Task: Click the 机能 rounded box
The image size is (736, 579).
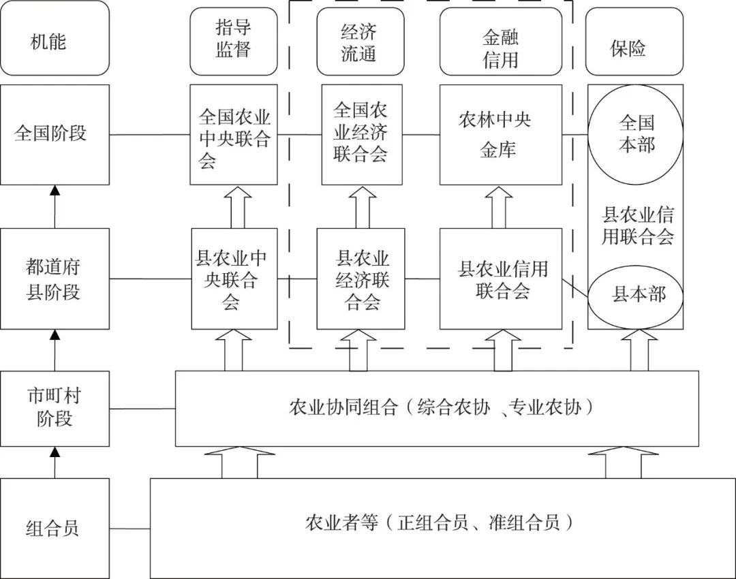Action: click(55, 38)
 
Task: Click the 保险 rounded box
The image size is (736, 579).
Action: click(634, 42)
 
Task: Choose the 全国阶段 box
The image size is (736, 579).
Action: click(55, 134)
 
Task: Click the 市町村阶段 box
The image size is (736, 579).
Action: click(55, 408)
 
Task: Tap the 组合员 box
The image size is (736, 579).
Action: click(55, 528)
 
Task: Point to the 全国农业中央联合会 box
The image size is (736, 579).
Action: click(234, 134)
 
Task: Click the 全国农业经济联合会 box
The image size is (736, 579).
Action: click(361, 134)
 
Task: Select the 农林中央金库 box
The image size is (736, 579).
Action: click(500, 134)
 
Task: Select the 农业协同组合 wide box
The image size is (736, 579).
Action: click(436, 408)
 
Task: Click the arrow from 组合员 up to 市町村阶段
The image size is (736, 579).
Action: click(55, 463)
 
